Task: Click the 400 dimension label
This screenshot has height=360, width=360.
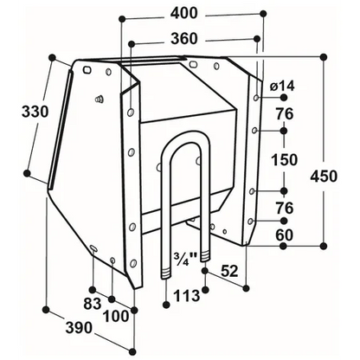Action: pos(183,13)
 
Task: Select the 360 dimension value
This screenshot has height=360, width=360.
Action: pos(184,39)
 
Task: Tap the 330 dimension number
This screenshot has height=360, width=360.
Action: pos(35,112)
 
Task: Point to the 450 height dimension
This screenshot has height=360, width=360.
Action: pos(324,177)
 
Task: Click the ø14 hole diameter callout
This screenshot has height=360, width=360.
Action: pos(283,86)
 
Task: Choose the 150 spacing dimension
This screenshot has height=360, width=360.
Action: pos(284,160)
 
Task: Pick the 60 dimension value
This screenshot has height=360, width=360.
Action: pos(285,235)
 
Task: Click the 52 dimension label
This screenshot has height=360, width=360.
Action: pos(229,271)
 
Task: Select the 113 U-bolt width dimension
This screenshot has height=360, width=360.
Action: pos(187,295)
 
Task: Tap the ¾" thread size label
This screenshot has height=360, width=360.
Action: pos(185,257)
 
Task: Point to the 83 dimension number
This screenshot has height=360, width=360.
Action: pos(93,304)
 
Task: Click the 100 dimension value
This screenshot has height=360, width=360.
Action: pos(116,317)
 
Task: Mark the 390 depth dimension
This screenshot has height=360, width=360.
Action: pos(79,328)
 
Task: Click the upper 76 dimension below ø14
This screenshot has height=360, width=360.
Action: pos(285,114)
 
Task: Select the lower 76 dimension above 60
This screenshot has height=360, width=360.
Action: pos(285,209)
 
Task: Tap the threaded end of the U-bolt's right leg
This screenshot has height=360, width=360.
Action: pos(205,255)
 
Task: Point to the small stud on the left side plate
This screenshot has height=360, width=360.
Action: pos(99,99)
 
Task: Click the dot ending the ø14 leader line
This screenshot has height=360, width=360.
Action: pos(284,98)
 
